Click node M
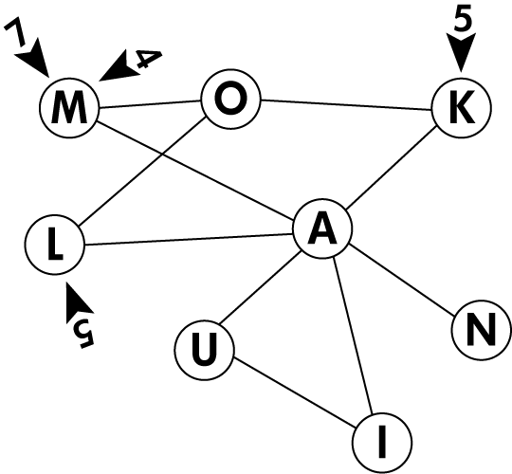(x=69, y=108)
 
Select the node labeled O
(x=231, y=99)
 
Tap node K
(x=462, y=108)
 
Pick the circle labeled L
(x=55, y=245)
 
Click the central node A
(x=322, y=228)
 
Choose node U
(x=205, y=350)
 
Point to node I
(x=382, y=443)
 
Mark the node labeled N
(x=482, y=330)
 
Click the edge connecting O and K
(x=346, y=105)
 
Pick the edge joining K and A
(x=392, y=169)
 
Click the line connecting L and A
(x=189, y=239)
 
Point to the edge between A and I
(x=353, y=336)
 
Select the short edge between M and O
(x=150, y=104)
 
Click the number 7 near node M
(x=15, y=33)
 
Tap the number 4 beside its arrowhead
(x=148, y=59)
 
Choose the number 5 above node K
(x=463, y=21)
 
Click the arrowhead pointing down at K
(x=461, y=52)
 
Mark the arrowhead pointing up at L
(x=78, y=302)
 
